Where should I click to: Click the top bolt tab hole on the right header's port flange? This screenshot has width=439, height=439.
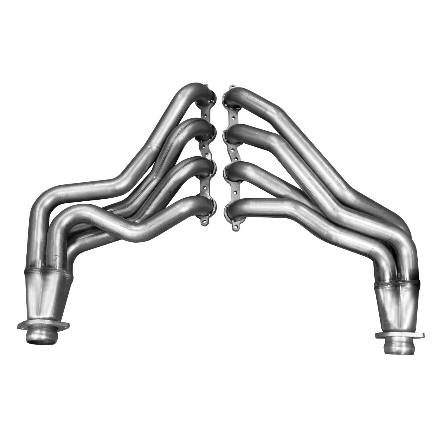[233, 87]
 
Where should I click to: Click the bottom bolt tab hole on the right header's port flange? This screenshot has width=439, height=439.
[234, 226]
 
